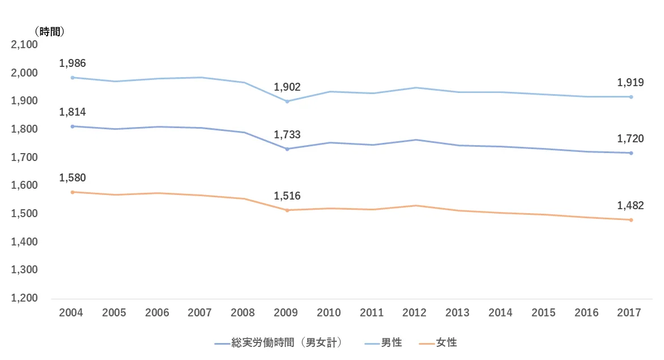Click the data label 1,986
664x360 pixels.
[x=73, y=63]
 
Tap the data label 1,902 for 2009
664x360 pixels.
[x=287, y=87]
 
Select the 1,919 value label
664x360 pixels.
[x=631, y=83]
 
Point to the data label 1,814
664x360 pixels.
[x=73, y=112]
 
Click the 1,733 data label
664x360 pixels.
[x=287, y=135]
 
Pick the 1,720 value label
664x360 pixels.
[x=631, y=139]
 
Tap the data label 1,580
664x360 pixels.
[x=73, y=177]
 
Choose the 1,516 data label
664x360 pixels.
[x=287, y=196]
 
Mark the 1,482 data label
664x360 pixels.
[x=631, y=206]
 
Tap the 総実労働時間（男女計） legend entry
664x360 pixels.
[x=287, y=342]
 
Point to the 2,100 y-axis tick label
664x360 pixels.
[x=24, y=45]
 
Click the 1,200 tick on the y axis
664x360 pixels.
[x=24, y=298]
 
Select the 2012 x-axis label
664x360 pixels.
[x=415, y=312]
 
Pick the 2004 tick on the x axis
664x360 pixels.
[x=71, y=312]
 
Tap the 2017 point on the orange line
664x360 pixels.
[x=631, y=220]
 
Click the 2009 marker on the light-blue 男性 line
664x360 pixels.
[x=287, y=101]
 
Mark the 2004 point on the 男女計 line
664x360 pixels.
[x=73, y=126]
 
